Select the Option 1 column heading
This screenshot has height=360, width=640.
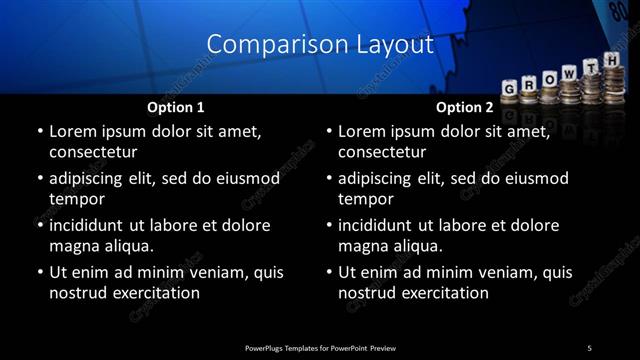pyautogui.click(x=176, y=106)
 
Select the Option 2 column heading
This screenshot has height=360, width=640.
pyautogui.click(x=465, y=106)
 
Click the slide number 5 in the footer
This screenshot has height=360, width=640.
pyautogui.click(x=589, y=348)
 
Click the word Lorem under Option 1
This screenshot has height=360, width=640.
pyautogui.click(x=73, y=131)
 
